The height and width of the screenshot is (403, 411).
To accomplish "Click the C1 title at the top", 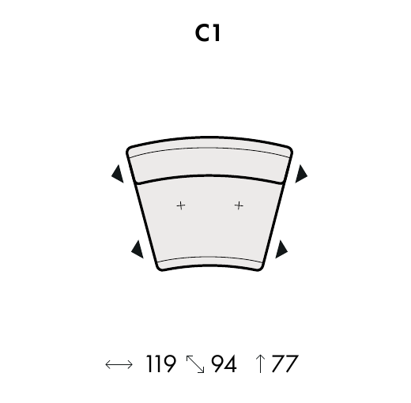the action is (x=208, y=33).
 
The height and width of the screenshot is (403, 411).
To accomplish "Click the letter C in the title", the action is (x=202, y=33).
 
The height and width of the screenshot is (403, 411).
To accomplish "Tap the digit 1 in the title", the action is (x=217, y=33).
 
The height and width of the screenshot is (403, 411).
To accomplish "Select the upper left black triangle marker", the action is (x=118, y=174).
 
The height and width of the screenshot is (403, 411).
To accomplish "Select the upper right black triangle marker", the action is (x=301, y=174).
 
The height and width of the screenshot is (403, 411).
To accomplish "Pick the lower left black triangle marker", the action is (x=138, y=249).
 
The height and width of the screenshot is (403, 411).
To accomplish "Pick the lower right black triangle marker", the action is (x=281, y=249).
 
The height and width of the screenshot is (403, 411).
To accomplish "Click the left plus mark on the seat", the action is (x=181, y=205).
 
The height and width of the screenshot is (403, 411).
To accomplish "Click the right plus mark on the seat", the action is (x=239, y=205).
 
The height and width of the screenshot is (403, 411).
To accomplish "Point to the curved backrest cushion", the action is (x=209, y=160).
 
